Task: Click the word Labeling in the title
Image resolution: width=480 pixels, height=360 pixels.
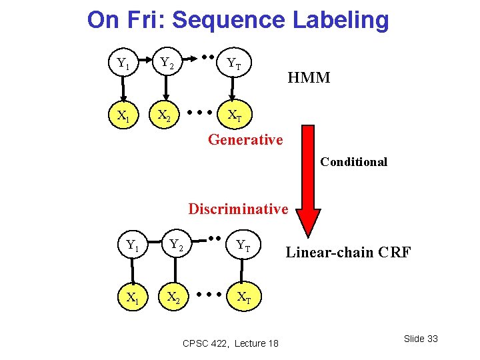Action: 341,20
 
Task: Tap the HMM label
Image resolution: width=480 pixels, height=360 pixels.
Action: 309,78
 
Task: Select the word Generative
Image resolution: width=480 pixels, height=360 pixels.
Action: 245,139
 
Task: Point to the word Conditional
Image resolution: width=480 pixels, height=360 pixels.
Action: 353,162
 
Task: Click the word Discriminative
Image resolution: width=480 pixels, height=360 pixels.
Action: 238,209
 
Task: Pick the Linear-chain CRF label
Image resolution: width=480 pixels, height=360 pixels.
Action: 348,252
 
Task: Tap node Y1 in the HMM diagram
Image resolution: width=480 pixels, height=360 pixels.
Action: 123,64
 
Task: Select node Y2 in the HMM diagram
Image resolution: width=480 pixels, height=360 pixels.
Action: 167,64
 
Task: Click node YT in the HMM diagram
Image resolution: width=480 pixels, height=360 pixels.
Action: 234,64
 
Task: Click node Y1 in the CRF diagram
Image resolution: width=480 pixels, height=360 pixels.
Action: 133,245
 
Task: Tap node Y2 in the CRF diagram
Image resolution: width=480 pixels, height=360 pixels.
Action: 176,245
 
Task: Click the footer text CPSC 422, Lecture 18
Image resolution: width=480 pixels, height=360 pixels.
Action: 230,343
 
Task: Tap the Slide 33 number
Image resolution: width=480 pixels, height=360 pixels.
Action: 421,339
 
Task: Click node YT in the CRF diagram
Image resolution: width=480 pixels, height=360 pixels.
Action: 243,245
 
